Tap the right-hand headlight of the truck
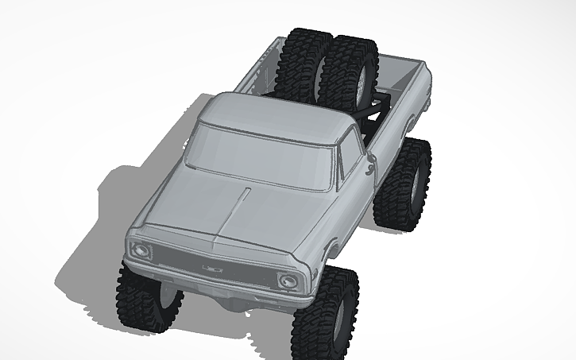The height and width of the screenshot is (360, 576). tap(288, 281)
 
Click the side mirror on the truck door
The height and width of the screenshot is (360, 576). tap(369, 166)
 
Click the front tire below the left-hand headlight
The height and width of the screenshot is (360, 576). tap(147, 298)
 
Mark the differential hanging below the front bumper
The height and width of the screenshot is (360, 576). tap(230, 303)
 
